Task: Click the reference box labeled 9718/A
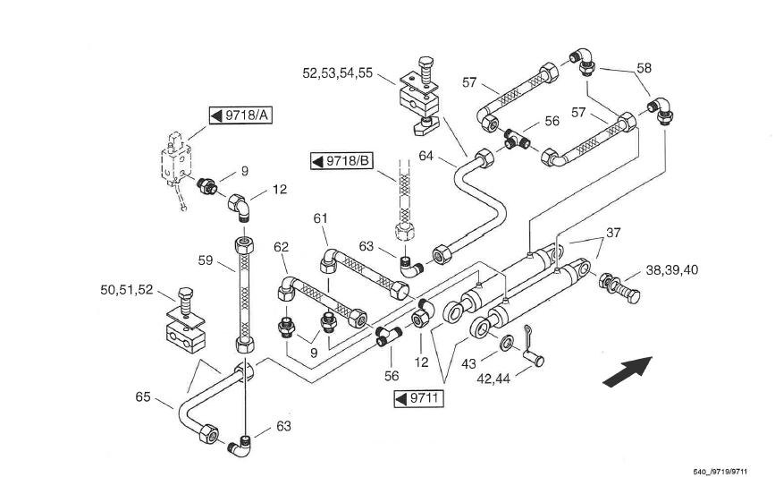(240, 115)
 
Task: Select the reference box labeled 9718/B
(341, 161)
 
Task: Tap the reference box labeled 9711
(418, 399)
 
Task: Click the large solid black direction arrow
(628, 371)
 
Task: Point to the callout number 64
(425, 156)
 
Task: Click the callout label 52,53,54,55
(338, 73)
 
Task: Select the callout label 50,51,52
(127, 290)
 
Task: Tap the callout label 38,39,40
(671, 270)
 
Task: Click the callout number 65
(143, 396)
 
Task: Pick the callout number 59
(205, 260)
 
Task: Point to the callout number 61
(320, 218)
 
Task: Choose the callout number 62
(281, 247)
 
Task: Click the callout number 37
(613, 233)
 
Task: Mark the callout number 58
(644, 68)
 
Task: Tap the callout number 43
(468, 364)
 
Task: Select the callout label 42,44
(493, 379)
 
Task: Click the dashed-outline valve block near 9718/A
(176, 158)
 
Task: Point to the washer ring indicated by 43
(507, 343)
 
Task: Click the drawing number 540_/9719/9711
(720, 472)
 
